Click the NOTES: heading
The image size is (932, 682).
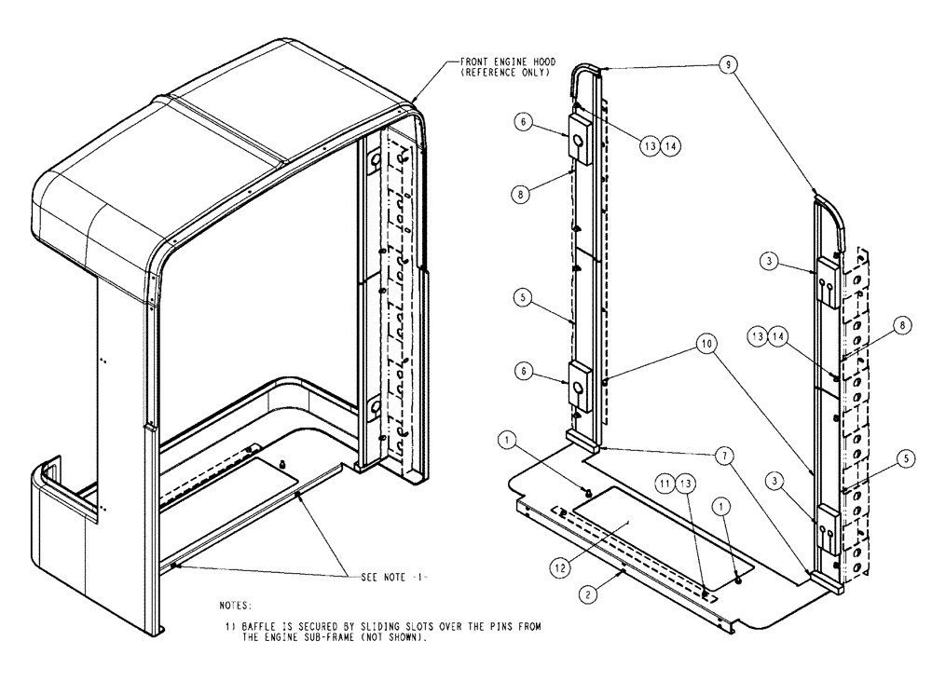pyautogui.click(x=236, y=606)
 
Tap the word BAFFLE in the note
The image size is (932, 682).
pyautogui.click(x=255, y=625)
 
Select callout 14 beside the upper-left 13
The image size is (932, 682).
pyautogui.click(x=669, y=145)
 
